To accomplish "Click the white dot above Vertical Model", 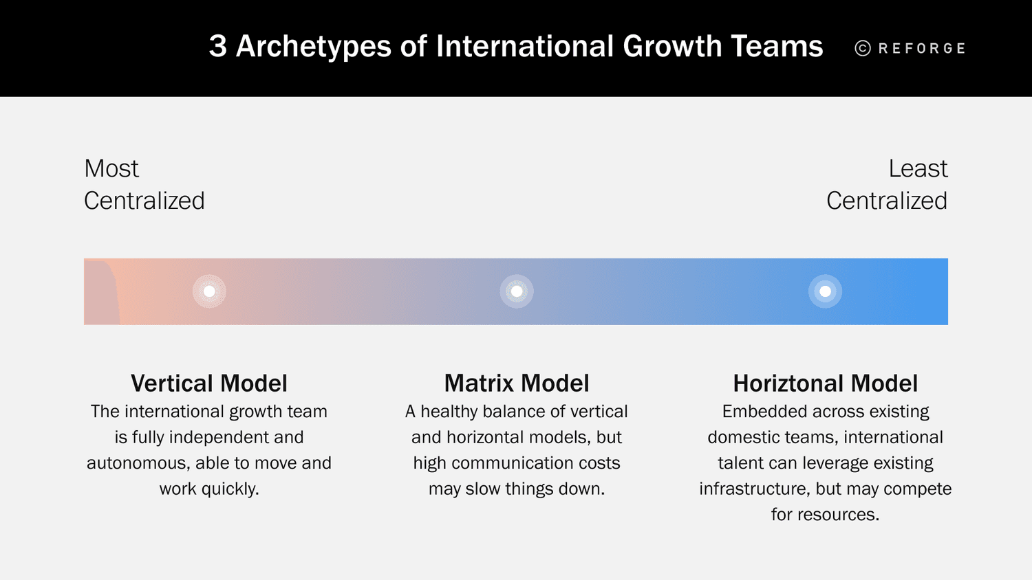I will [209, 291].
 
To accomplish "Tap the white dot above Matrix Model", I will [517, 291].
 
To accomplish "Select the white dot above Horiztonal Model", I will [825, 291].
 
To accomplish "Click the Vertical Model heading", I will [209, 383].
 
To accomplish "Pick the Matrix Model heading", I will [517, 383].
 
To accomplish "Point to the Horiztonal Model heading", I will [825, 383].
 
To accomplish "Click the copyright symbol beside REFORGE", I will [863, 48].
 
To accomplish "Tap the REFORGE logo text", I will [922, 48].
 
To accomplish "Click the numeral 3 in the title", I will [217, 47].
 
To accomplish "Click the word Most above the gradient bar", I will [111, 168].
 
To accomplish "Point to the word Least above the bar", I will [918, 168].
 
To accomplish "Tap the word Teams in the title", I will [777, 47].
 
